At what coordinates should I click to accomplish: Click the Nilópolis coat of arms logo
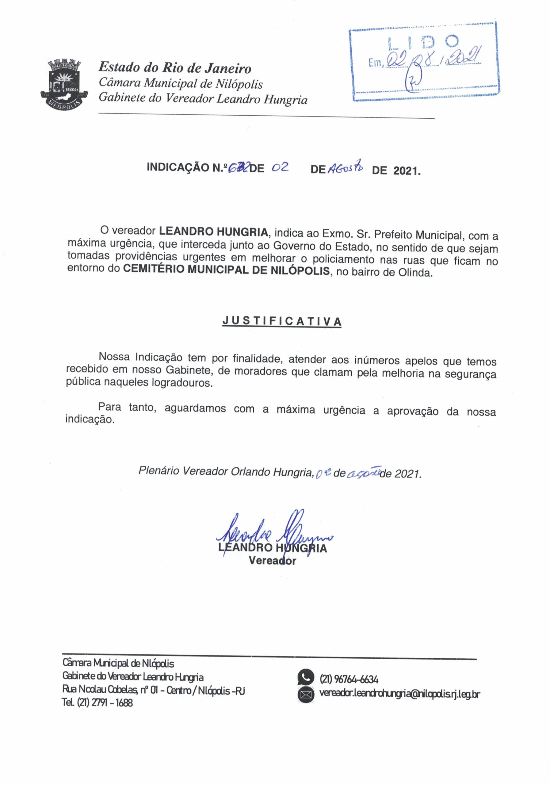[65, 84]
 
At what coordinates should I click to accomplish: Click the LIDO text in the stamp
[423, 42]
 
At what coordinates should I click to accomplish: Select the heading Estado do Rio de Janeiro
[175, 68]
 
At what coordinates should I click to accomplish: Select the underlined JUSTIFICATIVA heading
[282, 321]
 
